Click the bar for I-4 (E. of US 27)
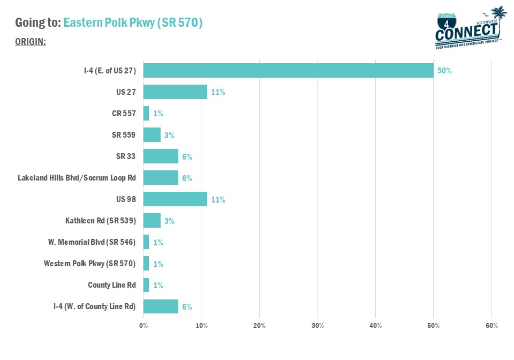[x=288, y=70]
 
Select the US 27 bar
[x=175, y=92]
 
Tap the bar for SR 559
[x=152, y=135]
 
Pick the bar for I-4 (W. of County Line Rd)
[x=161, y=306]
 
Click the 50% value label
[x=444, y=71]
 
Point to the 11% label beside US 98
[x=218, y=200]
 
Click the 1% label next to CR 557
[x=158, y=114]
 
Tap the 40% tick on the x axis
[x=375, y=326]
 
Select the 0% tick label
[x=143, y=326]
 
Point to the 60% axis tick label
[x=492, y=326]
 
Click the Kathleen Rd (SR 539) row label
[x=100, y=221]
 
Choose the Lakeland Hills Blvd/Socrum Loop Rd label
[x=77, y=178]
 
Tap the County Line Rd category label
[x=111, y=285]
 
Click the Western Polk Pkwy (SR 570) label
[x=89, y=264]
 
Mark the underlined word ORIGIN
[x=30, y=42]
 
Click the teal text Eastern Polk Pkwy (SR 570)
[x=133, y=23]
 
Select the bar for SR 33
[x=161, y=156]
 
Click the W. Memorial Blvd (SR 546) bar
[x=146, y=242]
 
